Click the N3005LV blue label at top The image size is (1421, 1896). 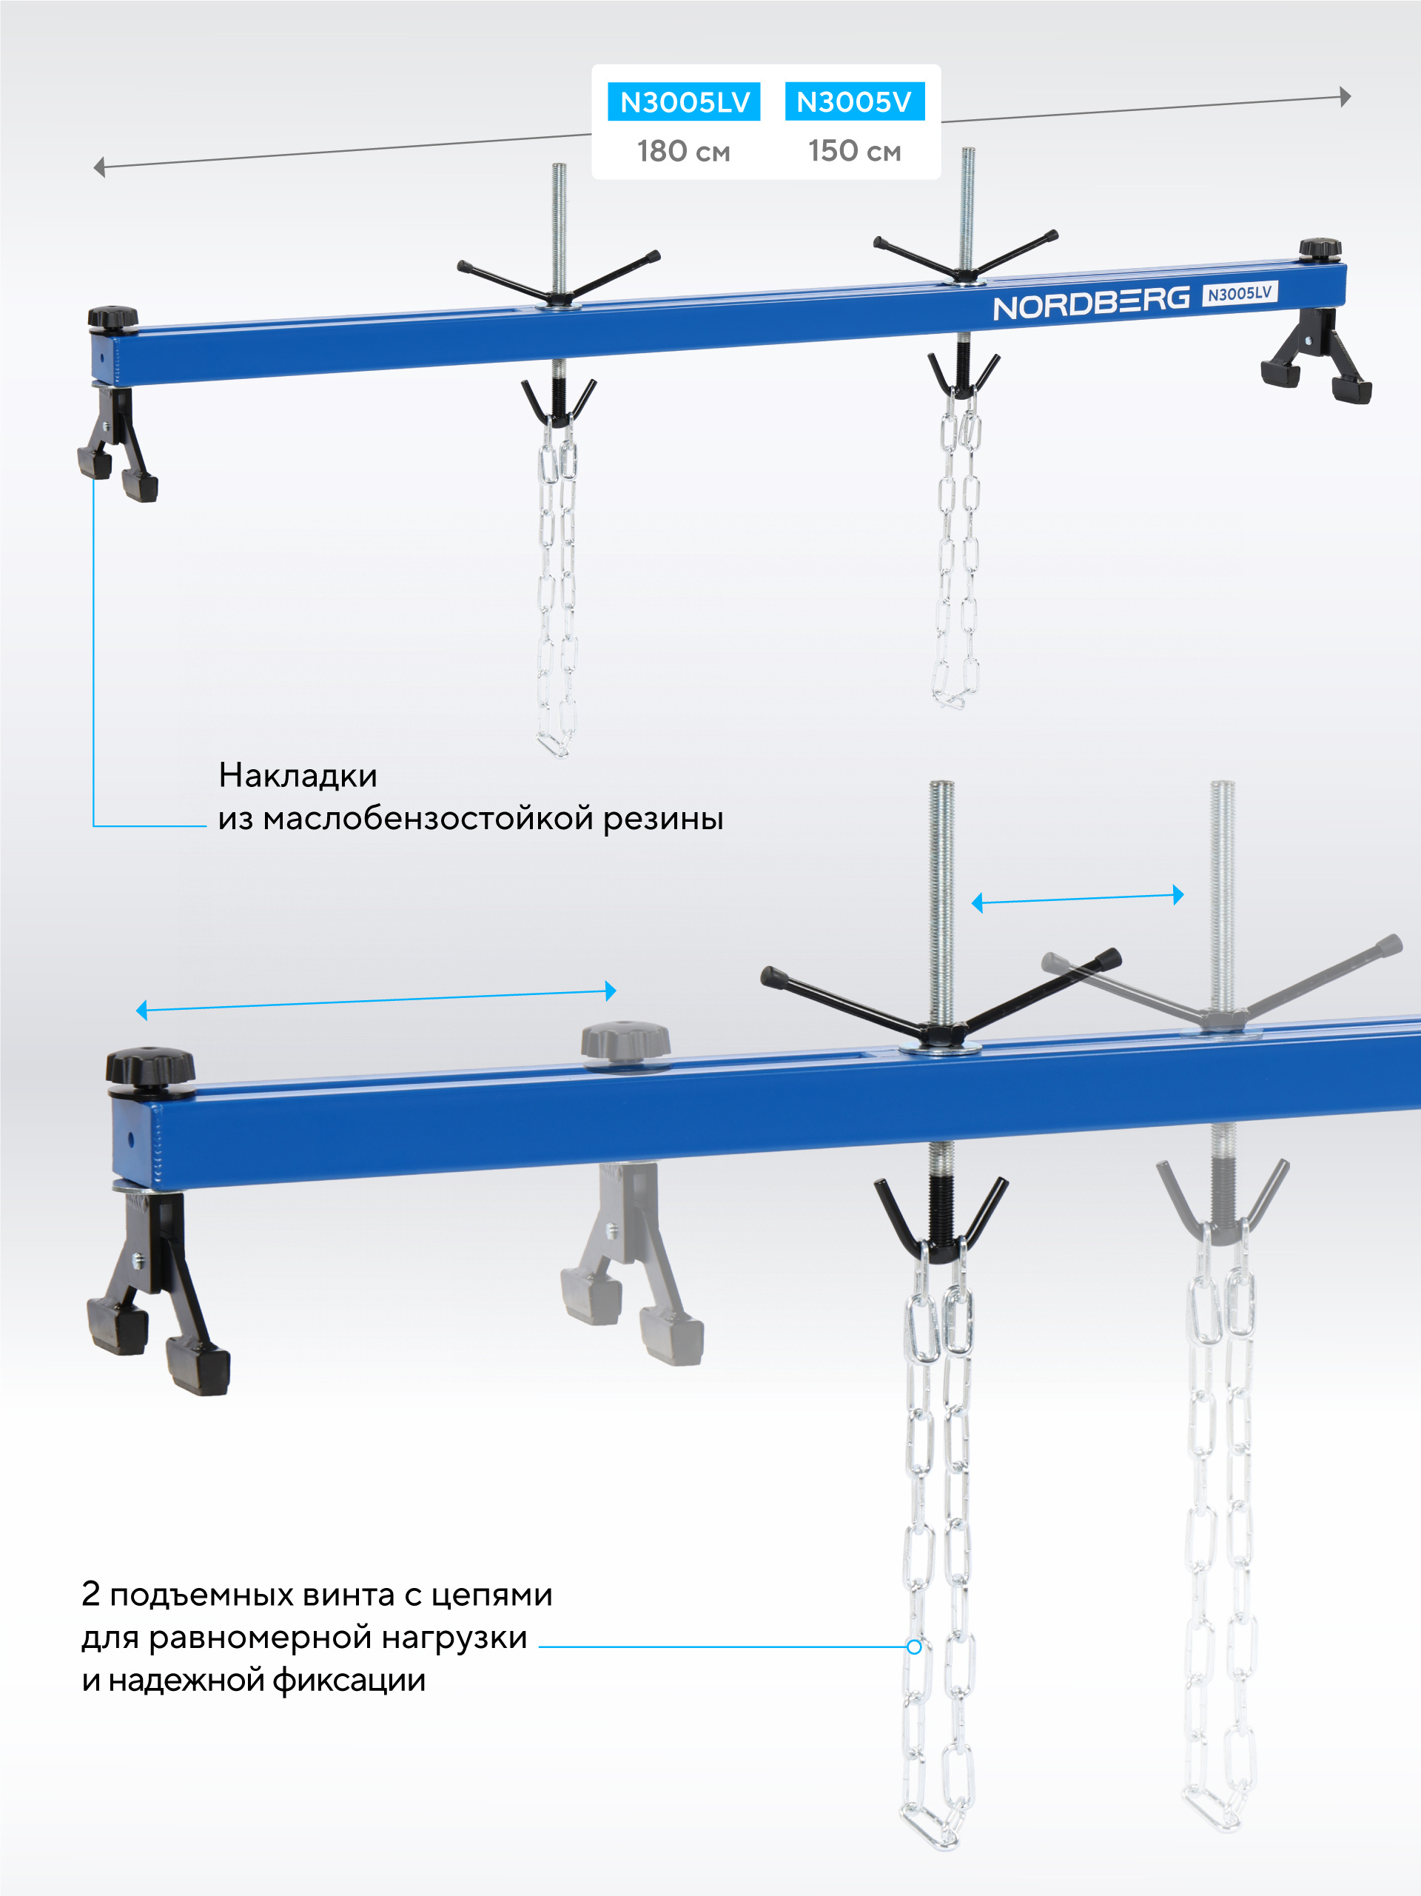[x=684, y=102]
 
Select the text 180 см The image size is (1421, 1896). [x=683, y=152]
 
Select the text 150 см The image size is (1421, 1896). [x=855, y=152]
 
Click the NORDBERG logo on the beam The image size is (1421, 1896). [x=1091, y=303]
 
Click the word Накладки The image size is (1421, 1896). [x=298, y=776]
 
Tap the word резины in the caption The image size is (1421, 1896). [x=663, y=819]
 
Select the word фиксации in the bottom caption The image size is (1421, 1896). [x=349, y=1681]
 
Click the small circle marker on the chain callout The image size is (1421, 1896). [x=915, y=1647]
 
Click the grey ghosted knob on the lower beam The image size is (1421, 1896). [x=625, y=1042]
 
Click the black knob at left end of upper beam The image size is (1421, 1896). [x=112, y=317]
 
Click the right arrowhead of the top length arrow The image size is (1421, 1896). [x=1345, y=97]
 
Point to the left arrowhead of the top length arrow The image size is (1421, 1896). [x=99, y=167]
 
